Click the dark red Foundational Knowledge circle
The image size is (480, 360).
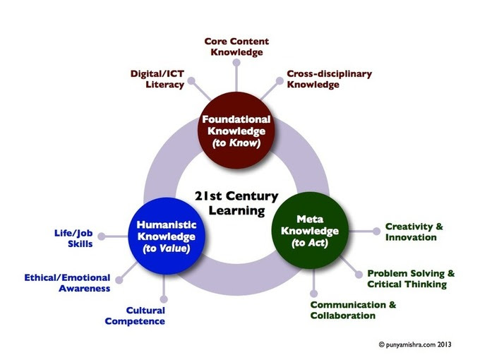tap(236, 130)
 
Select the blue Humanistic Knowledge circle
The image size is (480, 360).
tap(166, 236)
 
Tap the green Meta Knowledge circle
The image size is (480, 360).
tap(310, 230)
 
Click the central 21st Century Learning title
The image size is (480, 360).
tap(236, 203)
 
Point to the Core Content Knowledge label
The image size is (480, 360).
tap(236, 47)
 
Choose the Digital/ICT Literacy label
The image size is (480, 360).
tap(157, 79)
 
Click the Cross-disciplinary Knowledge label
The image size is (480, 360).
tap(330, 79)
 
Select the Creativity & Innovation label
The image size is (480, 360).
tap(414, 232)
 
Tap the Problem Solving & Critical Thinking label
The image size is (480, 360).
tap(411, 279)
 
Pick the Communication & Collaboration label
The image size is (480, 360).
tap(353, 310)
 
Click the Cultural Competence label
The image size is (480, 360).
tap(135, 316)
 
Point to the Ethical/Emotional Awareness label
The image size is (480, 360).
tap(67, 283)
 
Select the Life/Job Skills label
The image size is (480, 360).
tap(73, 238)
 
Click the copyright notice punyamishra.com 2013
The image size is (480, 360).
tap(415, 344)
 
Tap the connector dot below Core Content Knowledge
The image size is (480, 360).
tap(236, 63)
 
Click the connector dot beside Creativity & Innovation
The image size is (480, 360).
tap(376, 232)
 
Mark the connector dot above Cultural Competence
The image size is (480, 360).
tap(164, 299)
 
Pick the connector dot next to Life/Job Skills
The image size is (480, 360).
tap(102, 236)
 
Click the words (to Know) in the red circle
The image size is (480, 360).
tap(236, 143)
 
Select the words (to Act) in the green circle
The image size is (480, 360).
tap(310, 243)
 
